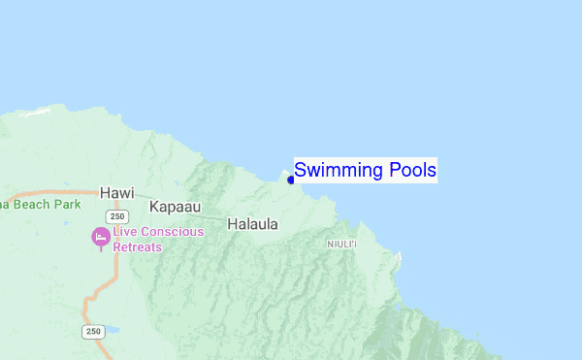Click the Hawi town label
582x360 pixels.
(x=116, y=192)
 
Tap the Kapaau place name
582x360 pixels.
(x=177, y=207)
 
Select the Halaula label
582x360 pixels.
(x=252, y=224)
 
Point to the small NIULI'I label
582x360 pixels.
(x=342, y=244)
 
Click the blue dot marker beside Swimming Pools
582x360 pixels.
(x=290, y=180)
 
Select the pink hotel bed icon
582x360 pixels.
(x=100, y=236)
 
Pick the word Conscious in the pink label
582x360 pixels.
(x=173, y=232)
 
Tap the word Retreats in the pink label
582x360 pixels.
(x=137, y=246)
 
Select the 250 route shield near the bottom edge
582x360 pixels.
(x=92, y=332)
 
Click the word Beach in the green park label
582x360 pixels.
(x=33, y=205)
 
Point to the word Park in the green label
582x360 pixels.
(x=67, y=205)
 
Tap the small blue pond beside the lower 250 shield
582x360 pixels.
(x=113, y=330)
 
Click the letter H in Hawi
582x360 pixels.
(x=105, y=192)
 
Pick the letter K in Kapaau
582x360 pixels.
(x=154, y=207)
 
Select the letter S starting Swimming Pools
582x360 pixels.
(x=301, y=171)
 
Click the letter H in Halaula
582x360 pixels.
(x=232, y=224)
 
